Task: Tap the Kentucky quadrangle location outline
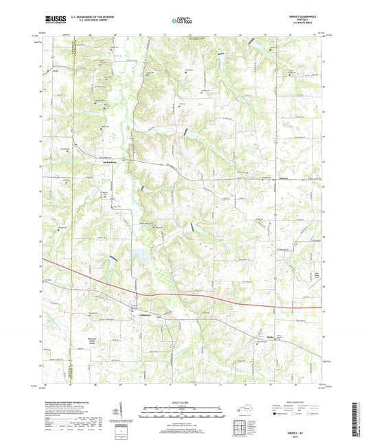point(245,410)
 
